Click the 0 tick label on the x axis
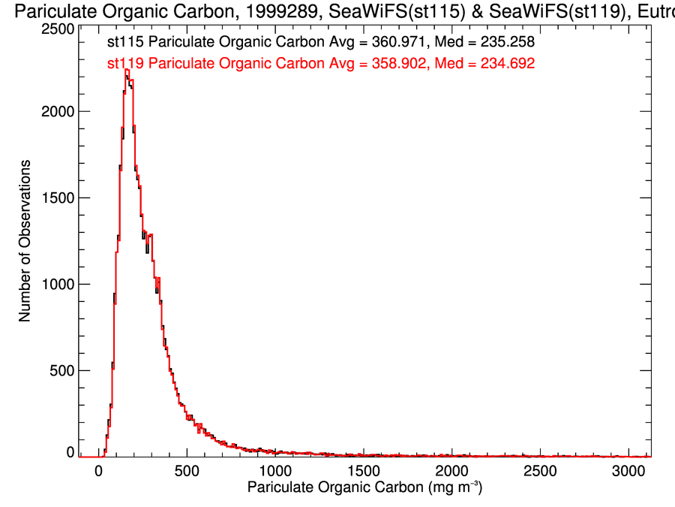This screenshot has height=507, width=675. [x=98, y=471]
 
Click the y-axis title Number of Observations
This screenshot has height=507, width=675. [x=25, y=241]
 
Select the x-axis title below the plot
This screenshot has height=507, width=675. [x=364, y=489]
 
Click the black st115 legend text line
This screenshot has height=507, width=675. [x=320, y=43]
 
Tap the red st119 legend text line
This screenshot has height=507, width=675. [x=320, y=64]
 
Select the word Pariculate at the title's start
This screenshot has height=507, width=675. [x=50, y=11]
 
